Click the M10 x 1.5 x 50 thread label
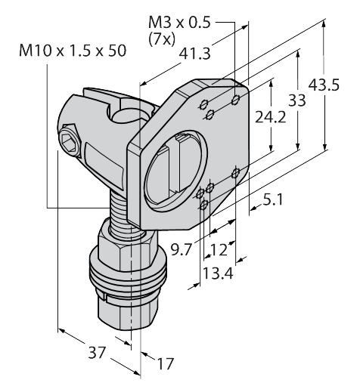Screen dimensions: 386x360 point(73,51)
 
